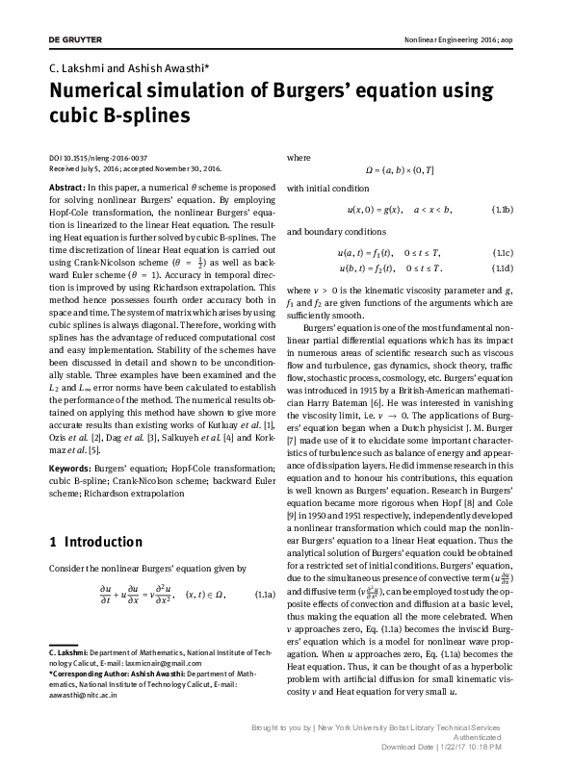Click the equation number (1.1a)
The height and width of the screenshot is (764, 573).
(x=265, y=595)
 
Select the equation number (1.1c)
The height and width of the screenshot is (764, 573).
(x=503, y=251)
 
